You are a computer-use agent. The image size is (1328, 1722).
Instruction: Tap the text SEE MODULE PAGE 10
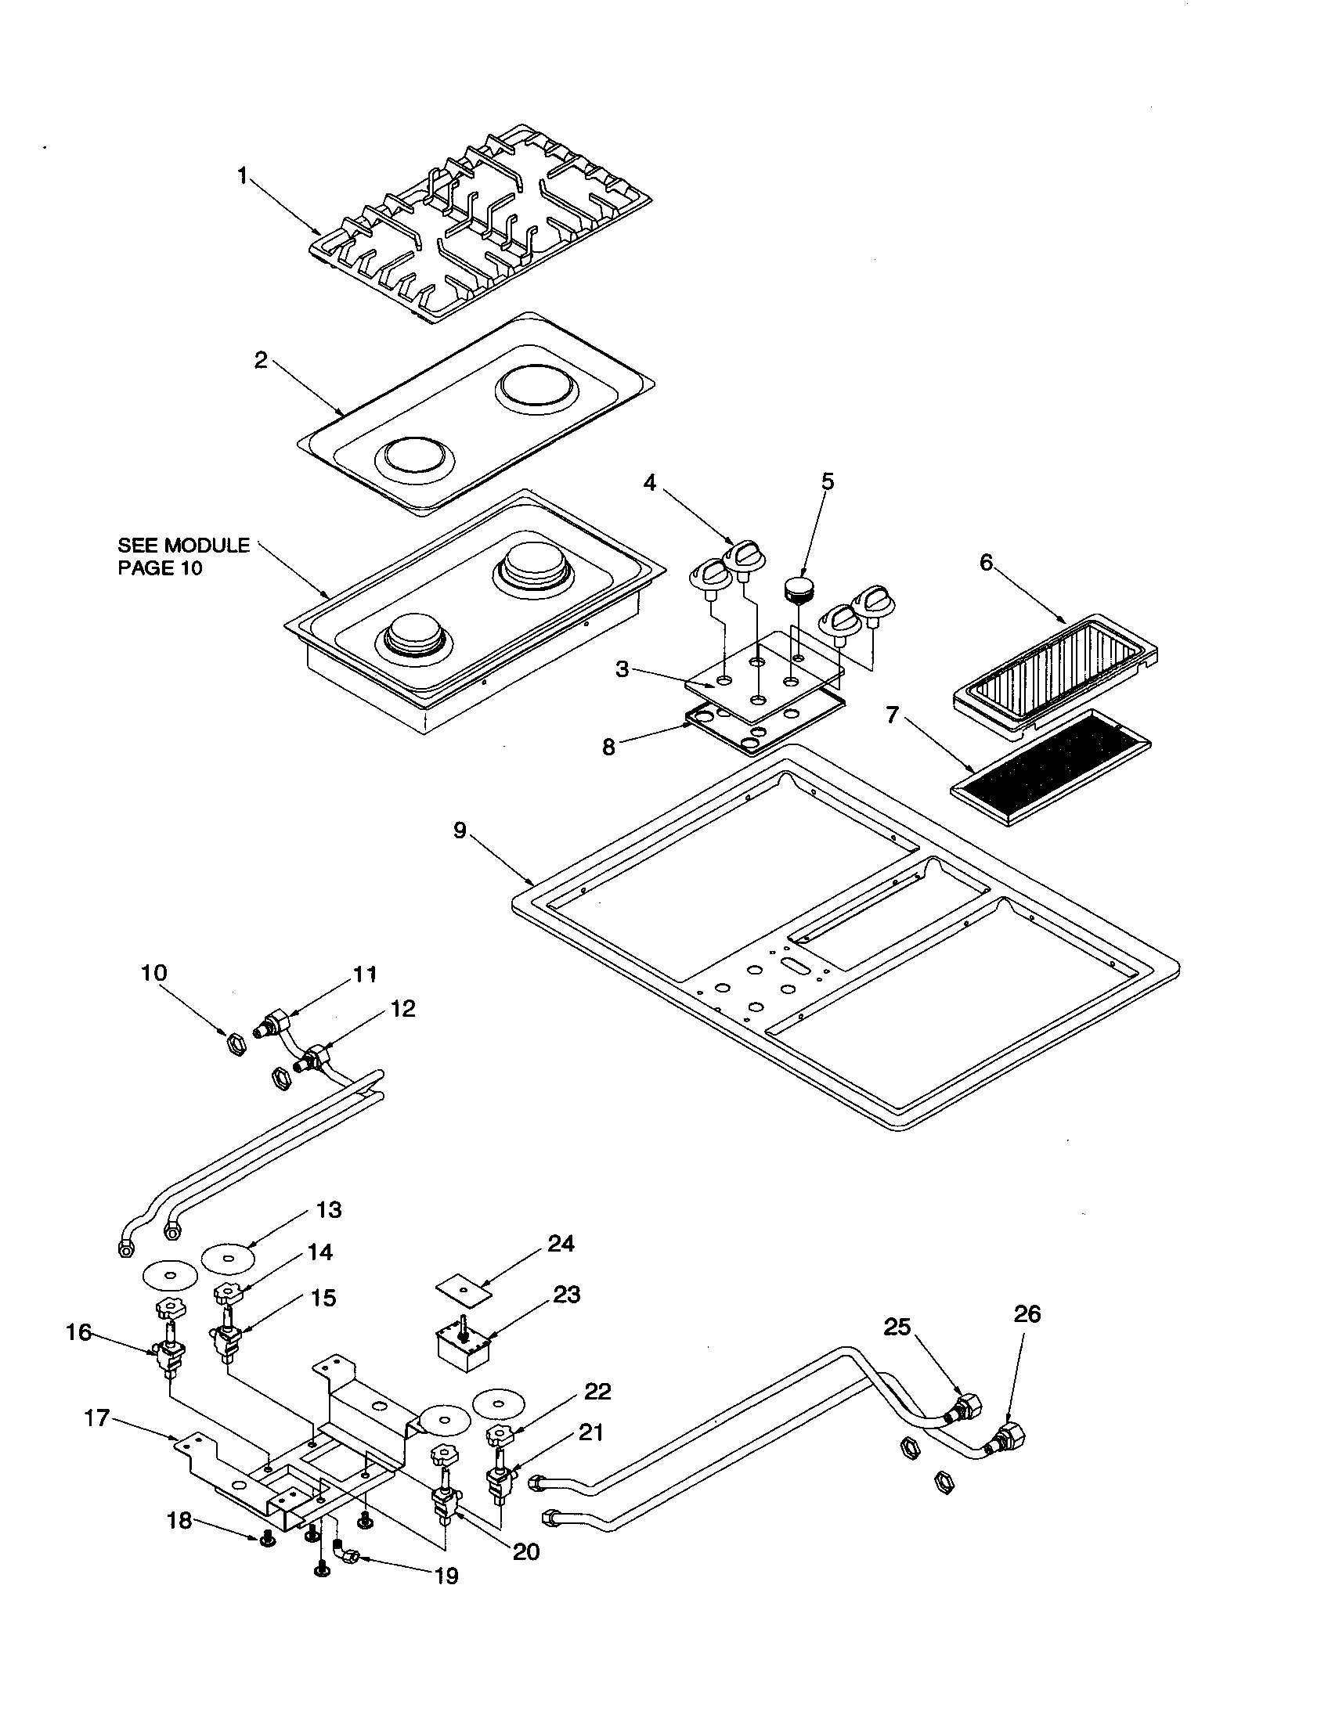(183, 556)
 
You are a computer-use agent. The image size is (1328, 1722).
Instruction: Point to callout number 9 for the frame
(460, 830)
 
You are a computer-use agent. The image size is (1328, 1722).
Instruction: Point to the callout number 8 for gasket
(608, 747)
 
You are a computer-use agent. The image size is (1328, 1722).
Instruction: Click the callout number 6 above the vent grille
(986, 562)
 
